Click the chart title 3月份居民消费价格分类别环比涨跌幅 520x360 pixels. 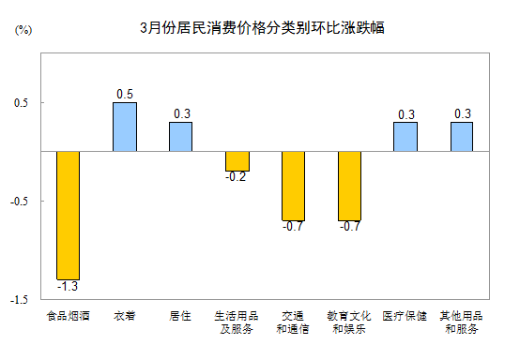(x=261, y=28)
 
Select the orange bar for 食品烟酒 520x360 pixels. (x=68, y=215)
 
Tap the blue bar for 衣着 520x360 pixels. (x=125, y=127)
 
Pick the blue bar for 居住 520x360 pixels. (x=181, y=136)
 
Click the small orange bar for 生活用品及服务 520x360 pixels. (x=237, y=160)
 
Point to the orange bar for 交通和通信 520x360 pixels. (x=293, y=186)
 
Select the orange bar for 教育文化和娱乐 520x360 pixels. (x=349, y=186)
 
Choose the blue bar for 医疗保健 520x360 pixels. (x=405, y=136)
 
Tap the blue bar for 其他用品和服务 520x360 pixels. (x=462, y=136)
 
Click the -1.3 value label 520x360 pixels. (x=68, y=286)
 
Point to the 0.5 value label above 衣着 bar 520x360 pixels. (x=125, y=95)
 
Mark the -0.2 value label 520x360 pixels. (x=237, y=176)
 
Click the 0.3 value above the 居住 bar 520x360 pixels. (x=181, y=114)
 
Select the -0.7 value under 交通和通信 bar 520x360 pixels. (x=293, y=226)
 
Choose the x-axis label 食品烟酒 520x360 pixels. (x=68, y=316)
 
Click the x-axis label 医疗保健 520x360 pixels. (x=405, y=316)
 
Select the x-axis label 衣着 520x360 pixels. (x=125, y=316)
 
